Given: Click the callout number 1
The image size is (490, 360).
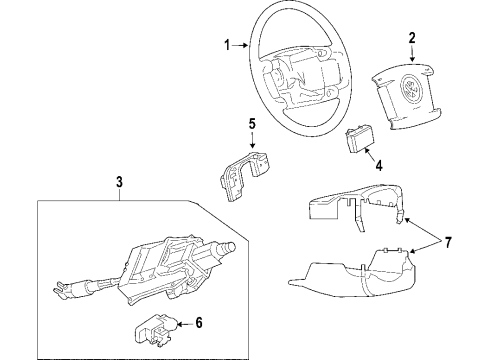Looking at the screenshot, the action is tap(227, 45).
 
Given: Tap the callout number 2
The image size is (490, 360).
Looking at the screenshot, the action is tap(412, 38).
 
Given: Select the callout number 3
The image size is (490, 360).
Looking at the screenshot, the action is tap(119, 182).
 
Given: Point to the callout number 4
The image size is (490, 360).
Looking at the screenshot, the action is tap(379, 165).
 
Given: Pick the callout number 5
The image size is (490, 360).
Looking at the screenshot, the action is tap(252, 124).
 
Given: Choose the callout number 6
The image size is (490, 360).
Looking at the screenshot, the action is tap(199, 323).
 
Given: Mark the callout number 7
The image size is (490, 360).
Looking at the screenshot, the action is tap(448, 242).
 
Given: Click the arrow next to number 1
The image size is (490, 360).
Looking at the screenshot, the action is tap(240, 45).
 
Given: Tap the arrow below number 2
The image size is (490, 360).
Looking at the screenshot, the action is tap(412, 54).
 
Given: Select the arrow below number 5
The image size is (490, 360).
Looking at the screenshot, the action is tap(252, 140).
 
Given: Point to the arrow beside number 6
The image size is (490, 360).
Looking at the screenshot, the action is tap(185, 323).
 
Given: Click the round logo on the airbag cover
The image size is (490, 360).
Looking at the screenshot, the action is tap(411, 88).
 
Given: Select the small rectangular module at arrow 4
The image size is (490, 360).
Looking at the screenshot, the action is tap(359, 141).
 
